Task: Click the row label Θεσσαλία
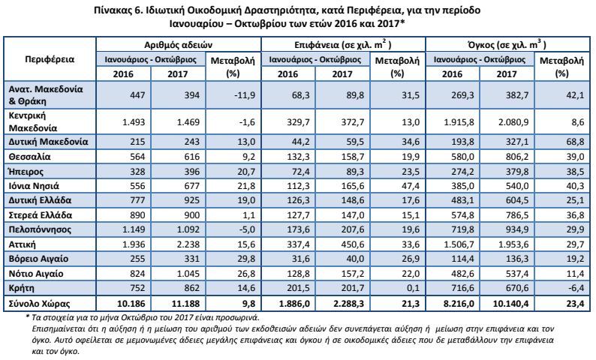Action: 29,157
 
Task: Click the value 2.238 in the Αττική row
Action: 188,244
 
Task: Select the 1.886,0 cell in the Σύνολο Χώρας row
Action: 294,304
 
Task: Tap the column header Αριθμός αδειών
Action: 178,45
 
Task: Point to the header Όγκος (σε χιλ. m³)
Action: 507,45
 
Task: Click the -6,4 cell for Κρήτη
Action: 576,288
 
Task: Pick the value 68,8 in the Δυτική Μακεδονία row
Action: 576,142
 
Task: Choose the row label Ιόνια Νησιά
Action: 34,186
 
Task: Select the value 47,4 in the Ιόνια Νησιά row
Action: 411,186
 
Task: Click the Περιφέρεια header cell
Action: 50,59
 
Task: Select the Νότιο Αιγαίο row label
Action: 36,274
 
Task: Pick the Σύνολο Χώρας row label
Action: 40,304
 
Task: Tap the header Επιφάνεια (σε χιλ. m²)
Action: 343,45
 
